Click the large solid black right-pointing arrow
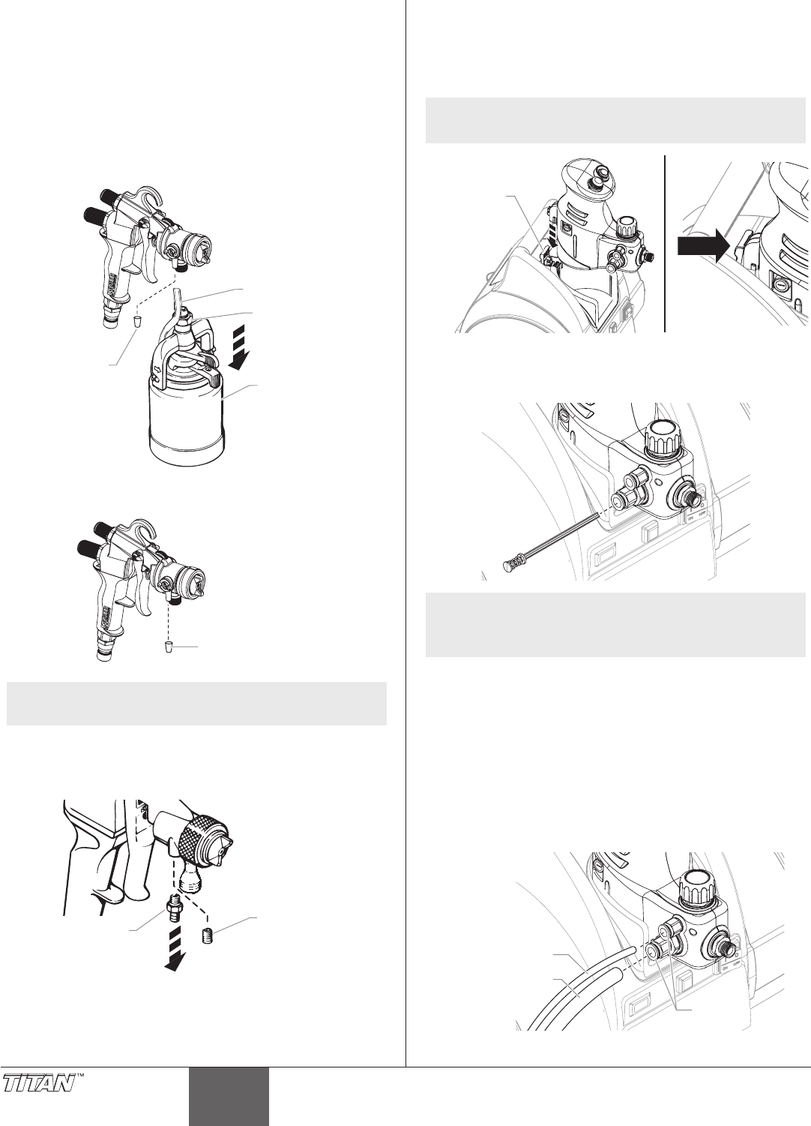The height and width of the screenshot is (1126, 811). pos(702,247)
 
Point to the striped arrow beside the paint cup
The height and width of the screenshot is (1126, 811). pos(240,347)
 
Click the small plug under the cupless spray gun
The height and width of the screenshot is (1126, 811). pos(169,646)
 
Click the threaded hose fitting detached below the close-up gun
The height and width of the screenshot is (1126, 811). pos(171,909)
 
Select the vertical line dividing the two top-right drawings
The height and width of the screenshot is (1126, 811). pos(665,244)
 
